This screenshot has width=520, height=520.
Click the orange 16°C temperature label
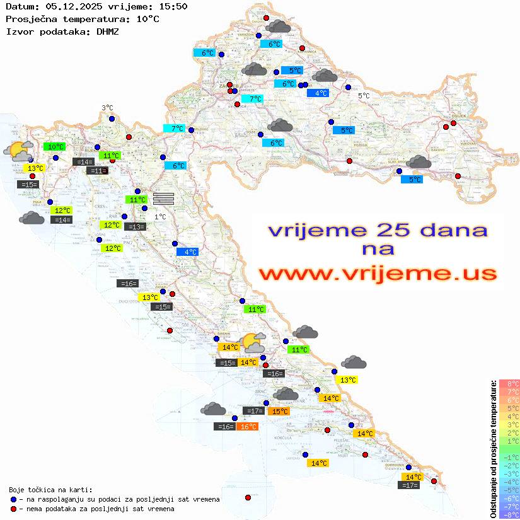click(x=248, y=427)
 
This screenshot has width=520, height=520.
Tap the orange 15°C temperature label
click(x=280, y=412)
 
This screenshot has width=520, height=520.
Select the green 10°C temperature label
click(x=56, y=147)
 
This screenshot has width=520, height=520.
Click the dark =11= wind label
click(x=97, y=171)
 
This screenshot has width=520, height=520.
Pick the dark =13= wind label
click(x=135, y=226)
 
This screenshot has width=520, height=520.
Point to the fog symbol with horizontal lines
click(x=163, y=198)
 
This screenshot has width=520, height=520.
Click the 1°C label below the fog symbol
click(x=161, y=217)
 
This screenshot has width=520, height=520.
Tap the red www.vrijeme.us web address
click(x=378, y=274)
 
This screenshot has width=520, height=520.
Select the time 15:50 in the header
click(x=173, y=6)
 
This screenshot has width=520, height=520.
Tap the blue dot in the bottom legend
click(x=13, y=499)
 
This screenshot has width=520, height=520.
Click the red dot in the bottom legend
click(x=13, y=509)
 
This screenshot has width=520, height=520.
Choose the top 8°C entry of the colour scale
click(x=509, y=383)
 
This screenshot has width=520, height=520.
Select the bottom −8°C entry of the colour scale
click(x=509, y=514)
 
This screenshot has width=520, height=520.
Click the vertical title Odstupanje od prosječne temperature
click(x=492, y=448)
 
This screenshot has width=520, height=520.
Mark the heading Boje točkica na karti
click(x=50, y=489)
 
